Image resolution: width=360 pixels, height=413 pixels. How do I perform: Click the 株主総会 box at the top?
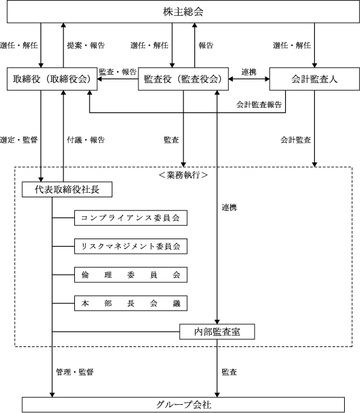[183, 11]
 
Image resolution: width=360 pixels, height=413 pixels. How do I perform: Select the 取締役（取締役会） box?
[52, 79]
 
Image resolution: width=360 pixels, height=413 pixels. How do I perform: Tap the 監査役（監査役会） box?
[183, 79]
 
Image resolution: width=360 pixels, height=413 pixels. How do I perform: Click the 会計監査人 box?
[314, 79]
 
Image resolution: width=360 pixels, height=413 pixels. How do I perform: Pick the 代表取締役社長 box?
[67, 190]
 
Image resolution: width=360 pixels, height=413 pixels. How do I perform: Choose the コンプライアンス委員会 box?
[131, 218]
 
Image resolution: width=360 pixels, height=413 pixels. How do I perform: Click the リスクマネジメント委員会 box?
[131, 246]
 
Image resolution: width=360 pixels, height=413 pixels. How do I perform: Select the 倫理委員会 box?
[131, 275]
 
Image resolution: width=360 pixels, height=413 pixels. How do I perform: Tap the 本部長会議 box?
[131, 303]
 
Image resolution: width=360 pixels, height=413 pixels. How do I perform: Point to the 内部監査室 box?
[217, 332]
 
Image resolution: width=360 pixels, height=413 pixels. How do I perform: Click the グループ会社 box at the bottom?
[183, 405]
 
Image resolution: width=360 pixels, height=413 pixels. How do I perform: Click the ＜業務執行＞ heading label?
[183, 175]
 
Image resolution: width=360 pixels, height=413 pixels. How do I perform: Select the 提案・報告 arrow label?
[86, 45]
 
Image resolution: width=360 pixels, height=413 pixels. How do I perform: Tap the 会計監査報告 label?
[259, 105]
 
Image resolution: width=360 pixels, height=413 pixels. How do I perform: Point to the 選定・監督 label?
[18, 140]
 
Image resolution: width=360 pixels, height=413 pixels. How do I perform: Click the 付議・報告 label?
[86, 140]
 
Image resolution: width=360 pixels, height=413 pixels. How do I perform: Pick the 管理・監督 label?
[75, 372]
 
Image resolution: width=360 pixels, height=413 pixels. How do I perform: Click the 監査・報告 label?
[117, 72]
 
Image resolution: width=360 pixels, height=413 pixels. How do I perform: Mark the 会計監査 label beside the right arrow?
[295, 140]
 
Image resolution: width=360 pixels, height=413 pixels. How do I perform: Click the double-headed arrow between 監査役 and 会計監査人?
[249, 79]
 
